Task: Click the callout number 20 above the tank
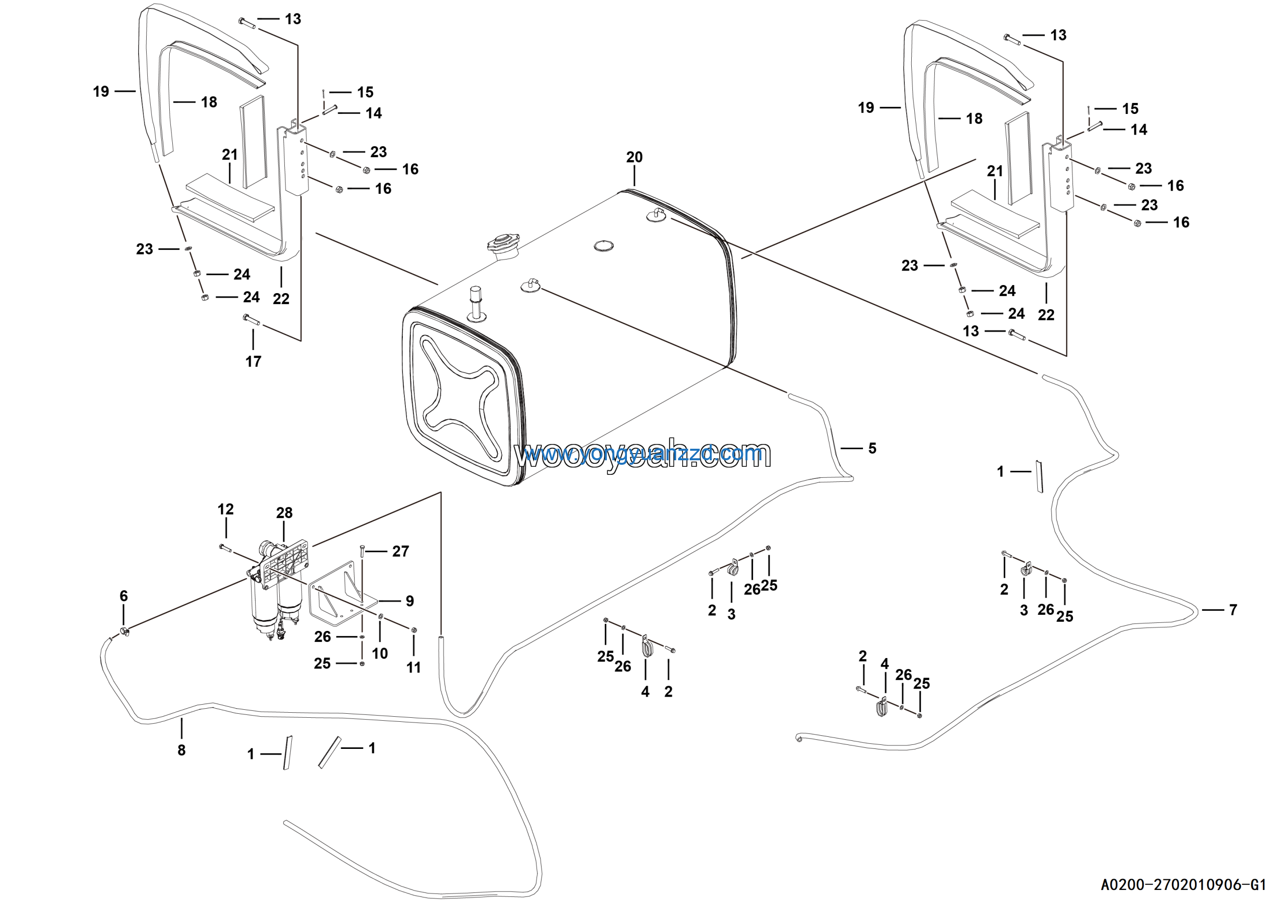pos(634,157)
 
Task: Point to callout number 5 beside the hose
pos(872,448)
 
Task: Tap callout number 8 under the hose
pos(181,750)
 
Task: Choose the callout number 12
pos(225,509)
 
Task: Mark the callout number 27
pos(400,551)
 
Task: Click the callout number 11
pos(413,667)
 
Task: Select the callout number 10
pos(380,653)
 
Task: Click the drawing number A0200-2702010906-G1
pos(1183,885)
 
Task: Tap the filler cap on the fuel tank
pos(503,244)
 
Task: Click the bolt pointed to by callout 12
pos(226,548)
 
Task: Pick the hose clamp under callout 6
pos(125,632)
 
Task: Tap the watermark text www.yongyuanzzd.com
pos(642,455)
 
